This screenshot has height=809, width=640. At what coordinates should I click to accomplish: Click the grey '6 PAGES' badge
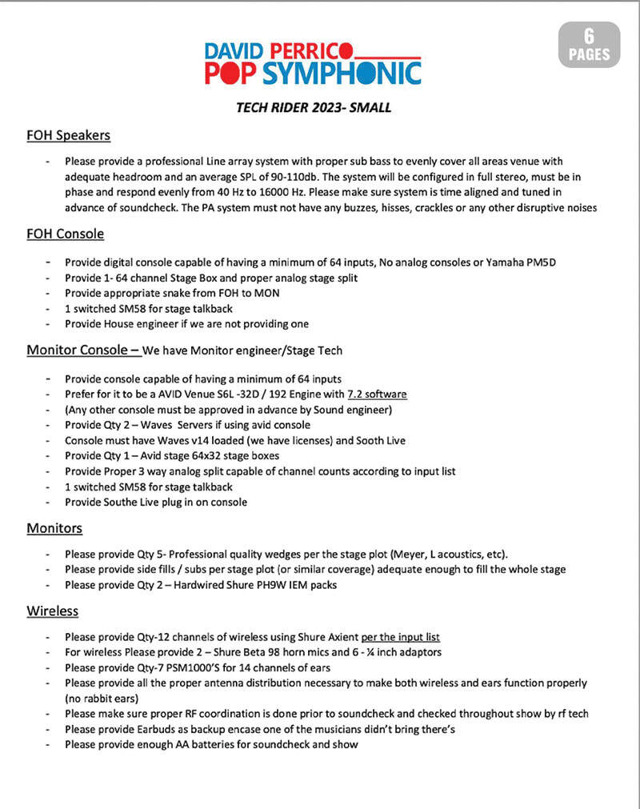589,45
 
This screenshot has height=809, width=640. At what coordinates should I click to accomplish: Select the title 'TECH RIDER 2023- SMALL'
314,107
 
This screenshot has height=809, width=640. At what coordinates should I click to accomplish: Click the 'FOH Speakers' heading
68,135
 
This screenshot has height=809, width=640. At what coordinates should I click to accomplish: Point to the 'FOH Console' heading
65,234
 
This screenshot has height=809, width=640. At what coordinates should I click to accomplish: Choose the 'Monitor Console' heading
83,350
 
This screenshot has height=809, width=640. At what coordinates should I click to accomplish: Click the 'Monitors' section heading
54,528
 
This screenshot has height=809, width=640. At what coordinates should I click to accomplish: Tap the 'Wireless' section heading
53,611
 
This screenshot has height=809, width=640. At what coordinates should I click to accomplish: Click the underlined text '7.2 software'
378,394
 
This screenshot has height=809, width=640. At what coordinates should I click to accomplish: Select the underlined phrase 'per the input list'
400,637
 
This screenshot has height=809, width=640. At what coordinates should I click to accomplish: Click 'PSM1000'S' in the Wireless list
210,667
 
